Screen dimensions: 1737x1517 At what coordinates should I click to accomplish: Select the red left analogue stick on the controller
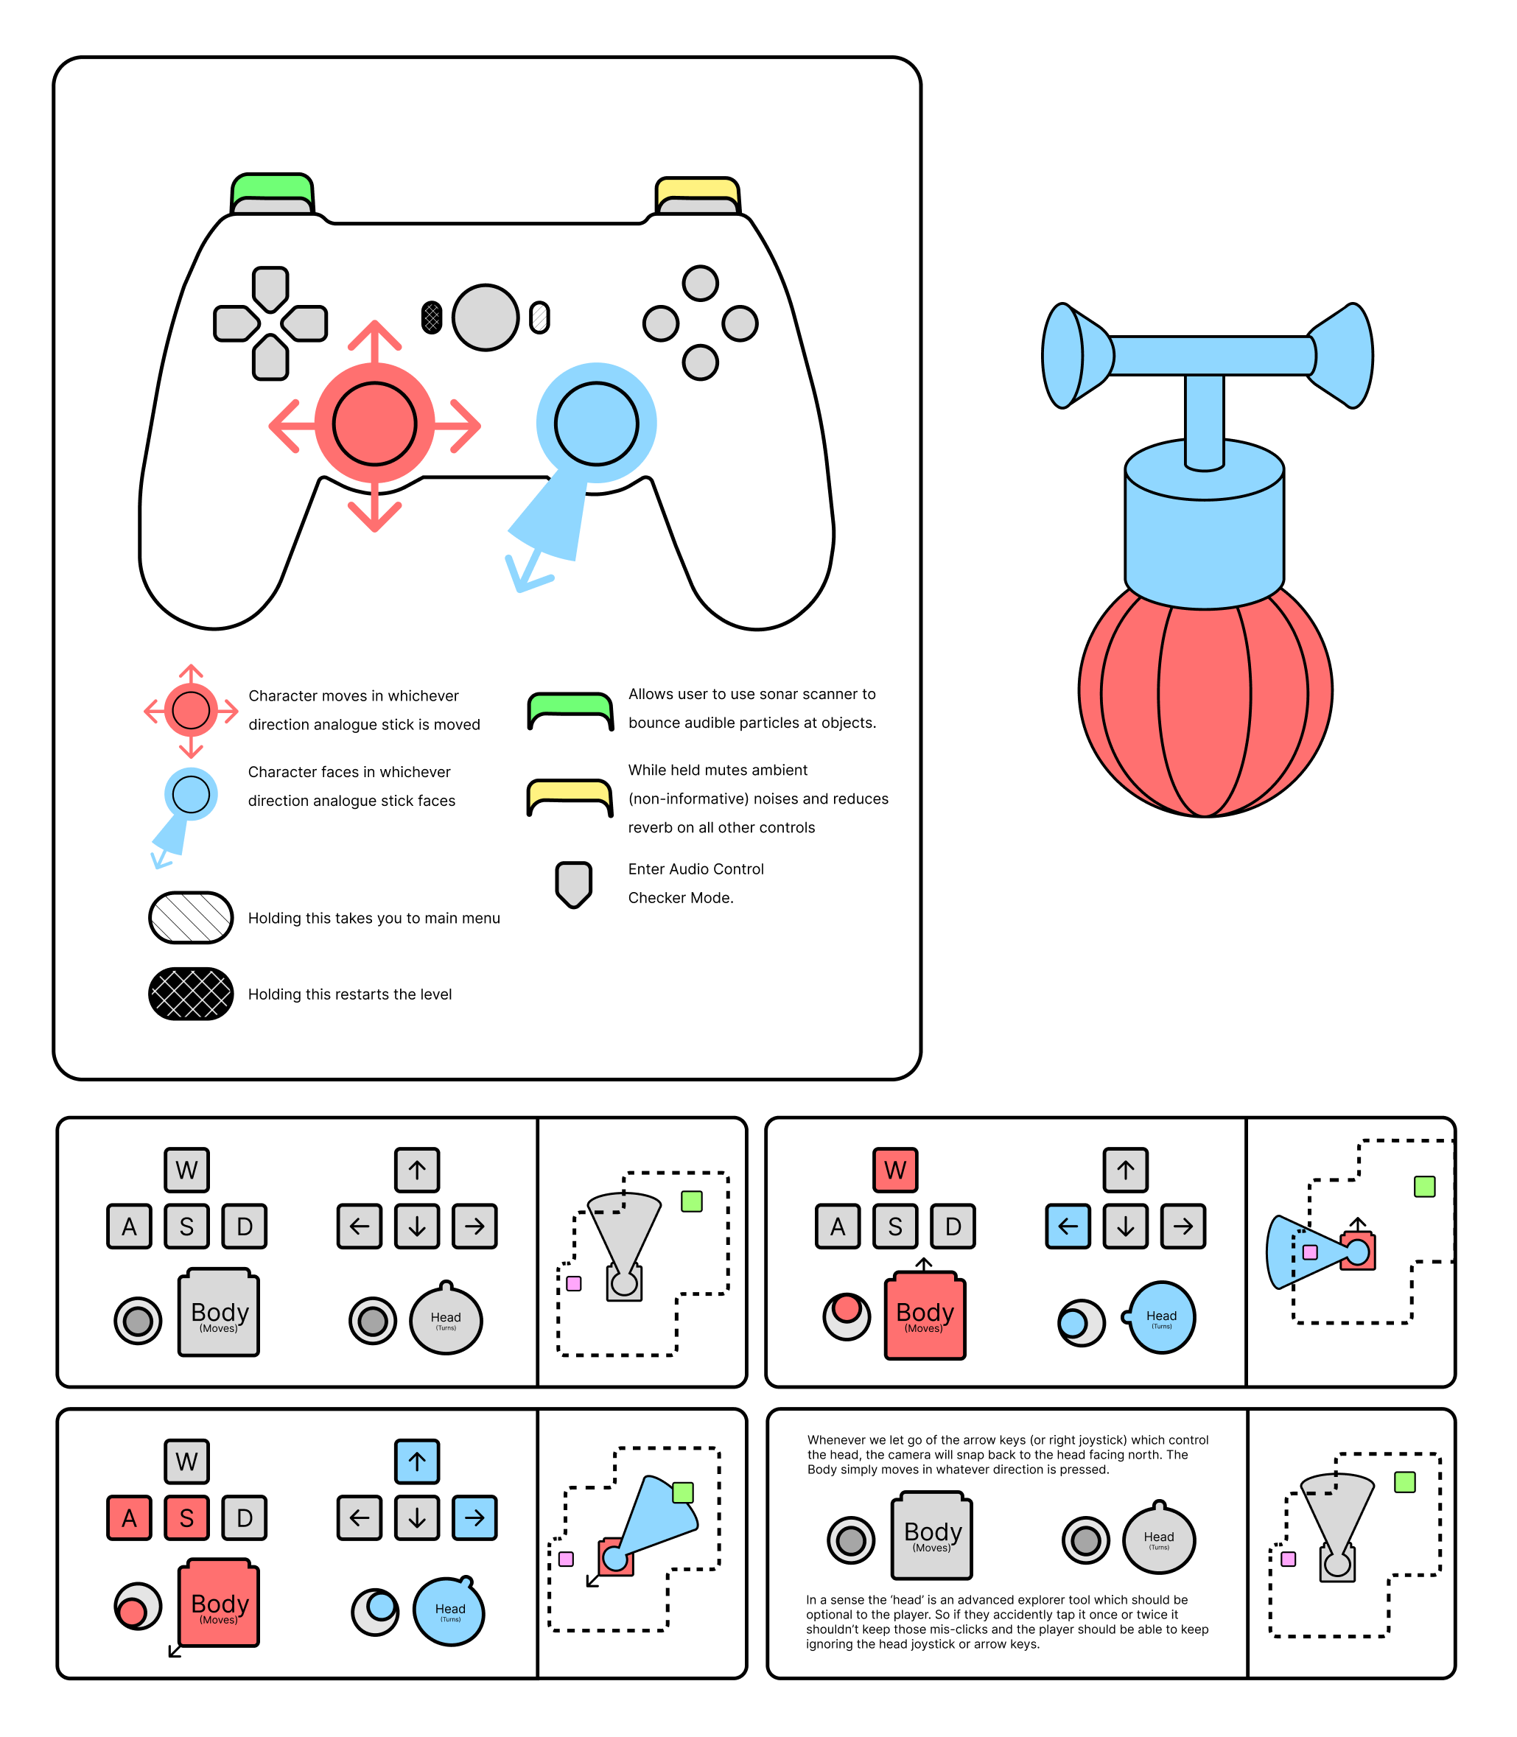coord(374,424)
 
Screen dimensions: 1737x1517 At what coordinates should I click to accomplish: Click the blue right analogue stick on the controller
coord(596,424)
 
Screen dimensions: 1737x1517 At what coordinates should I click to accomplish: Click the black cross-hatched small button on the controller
coord(432,317)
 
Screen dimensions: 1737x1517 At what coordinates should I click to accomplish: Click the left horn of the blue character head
coord(1068,356)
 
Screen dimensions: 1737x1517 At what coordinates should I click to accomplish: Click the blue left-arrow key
coord(1068,1226)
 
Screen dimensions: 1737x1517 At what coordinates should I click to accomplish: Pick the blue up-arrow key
coord(416,1461)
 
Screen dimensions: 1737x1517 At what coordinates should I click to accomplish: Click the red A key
coord(129,1517)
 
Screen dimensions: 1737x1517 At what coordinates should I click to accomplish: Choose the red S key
coord(186,1517)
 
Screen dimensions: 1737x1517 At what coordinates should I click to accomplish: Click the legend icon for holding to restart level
coord(191,994)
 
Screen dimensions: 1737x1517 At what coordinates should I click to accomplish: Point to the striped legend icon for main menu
coord(191,918)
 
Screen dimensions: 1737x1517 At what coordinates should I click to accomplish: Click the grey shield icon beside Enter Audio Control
coord(573,884)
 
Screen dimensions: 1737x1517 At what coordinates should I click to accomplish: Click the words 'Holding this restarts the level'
coord(350,994)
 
